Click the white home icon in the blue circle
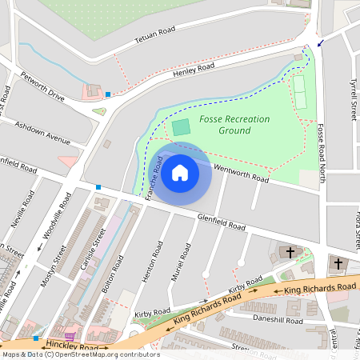pyautogui.click(x=180, y=173)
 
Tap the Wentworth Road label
pyautogui.click(x=241, y=173)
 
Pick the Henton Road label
pyautogui.click(x=153, y=264)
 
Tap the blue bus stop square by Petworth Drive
pyautogui.click(x=108, y=94)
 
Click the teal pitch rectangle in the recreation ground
pyautogui.click(x=182, y=126)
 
